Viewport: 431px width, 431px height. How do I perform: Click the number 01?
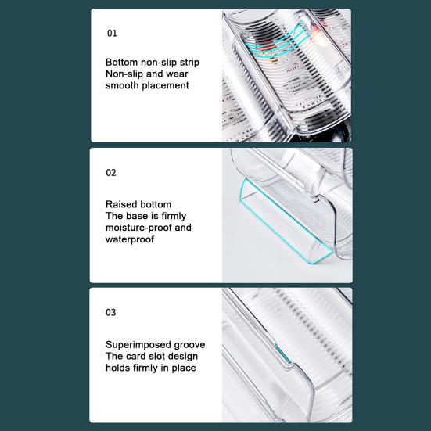112,34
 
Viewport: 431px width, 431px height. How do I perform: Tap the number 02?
111,173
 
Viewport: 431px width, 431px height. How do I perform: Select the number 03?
111,312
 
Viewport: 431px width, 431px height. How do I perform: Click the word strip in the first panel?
189,63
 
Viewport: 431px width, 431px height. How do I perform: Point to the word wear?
177,74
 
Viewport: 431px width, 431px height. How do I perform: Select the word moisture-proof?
138,228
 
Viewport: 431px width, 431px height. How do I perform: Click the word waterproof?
130,239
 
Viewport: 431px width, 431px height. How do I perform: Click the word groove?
189,345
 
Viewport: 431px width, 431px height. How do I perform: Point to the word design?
184,357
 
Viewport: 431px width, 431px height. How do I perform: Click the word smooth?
122,85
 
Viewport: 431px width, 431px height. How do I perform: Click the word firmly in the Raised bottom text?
174,217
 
